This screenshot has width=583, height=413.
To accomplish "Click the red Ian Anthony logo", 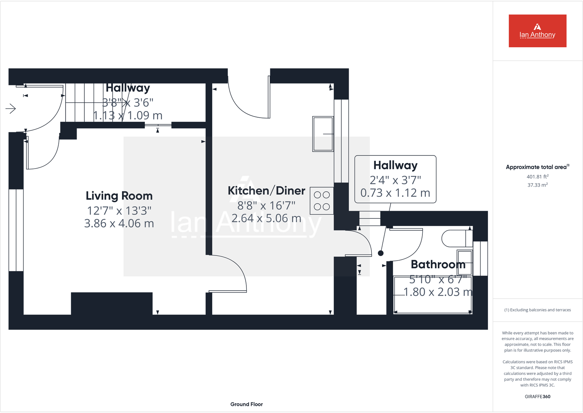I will [537, 31].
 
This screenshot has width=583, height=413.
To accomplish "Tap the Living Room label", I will [119, 196].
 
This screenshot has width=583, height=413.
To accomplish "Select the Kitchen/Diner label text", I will [266, 191].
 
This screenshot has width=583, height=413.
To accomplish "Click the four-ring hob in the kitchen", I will [322, 201].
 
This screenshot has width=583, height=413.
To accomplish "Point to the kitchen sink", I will [323, 134].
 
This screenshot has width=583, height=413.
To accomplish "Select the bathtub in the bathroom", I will [432, 295].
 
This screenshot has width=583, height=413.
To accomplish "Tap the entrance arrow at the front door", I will [11, 108].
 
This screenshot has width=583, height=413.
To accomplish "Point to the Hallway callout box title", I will [395, 165].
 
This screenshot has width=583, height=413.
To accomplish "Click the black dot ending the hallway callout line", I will [381, 253].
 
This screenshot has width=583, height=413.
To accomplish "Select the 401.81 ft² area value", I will [537, 177].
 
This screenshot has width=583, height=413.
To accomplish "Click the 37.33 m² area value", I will [537, 185].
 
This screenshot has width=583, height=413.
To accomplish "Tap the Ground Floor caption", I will [246, 404].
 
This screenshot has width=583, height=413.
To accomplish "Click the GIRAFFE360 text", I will [537, 397].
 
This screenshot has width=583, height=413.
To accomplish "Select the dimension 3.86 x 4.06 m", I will [119, 223].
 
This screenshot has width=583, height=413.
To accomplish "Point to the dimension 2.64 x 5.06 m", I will [266, 218].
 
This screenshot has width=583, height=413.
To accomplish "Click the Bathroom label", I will [438, 264].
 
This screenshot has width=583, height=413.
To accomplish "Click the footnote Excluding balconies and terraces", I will [538, 310].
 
